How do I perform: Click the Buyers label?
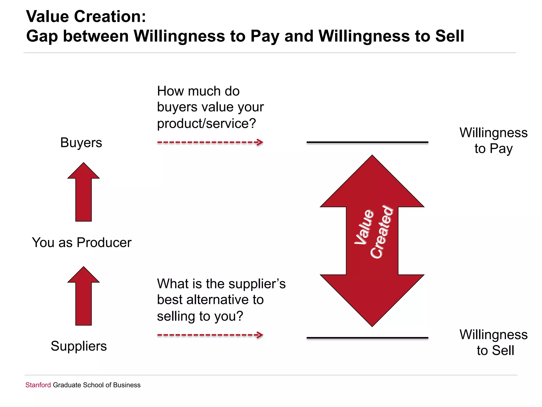(x=81, y=143)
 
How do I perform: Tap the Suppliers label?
(x=79, y=346)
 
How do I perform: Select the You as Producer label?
(x=82, y=242)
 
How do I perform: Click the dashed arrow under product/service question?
(x=210, y=142)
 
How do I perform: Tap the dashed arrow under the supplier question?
(x=210, y=335)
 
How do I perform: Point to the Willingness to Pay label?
(x=494, y=140)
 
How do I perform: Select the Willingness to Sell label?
(x=494, y=342)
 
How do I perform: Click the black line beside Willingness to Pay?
(x=367, y=142)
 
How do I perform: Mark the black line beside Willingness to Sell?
(x=367, y=338)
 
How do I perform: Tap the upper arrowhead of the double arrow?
(x=372, y=183)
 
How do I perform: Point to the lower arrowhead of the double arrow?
(x=372, y=299)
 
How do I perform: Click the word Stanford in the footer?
(x=38, y=385)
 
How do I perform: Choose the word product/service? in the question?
(x=206, y=123)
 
